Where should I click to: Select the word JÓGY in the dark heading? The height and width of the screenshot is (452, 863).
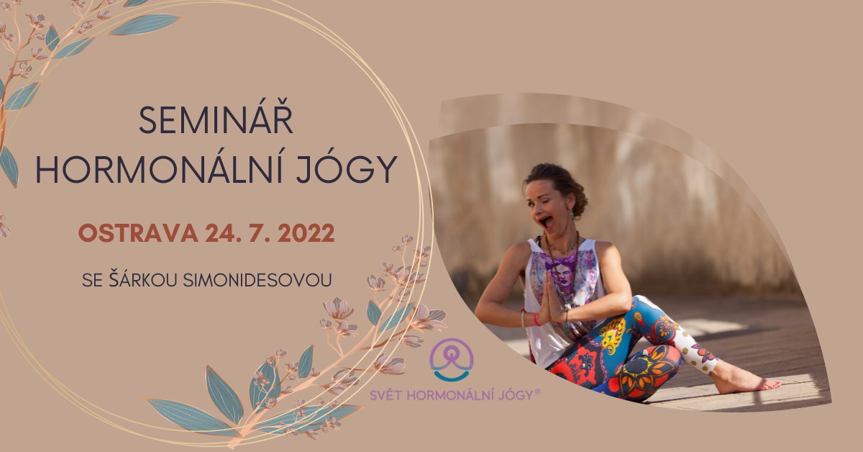pos(347,169)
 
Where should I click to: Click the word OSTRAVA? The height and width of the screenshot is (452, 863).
pos(138,233)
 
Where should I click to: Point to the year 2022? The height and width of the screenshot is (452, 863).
pos(306,233)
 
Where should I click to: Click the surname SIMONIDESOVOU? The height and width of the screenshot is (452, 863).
pos(257,281)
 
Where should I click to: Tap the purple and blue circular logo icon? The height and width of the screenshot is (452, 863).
pos(452,359)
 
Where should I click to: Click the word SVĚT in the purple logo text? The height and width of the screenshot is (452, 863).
pos(386,394)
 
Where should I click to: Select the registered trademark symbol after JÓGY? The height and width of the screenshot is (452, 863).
pos(537,391)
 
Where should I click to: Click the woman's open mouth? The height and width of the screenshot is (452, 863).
pos(547,222)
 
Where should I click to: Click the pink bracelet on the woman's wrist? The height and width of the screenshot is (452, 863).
pos(536,320)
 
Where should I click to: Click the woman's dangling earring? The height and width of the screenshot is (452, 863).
pos(573,224)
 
